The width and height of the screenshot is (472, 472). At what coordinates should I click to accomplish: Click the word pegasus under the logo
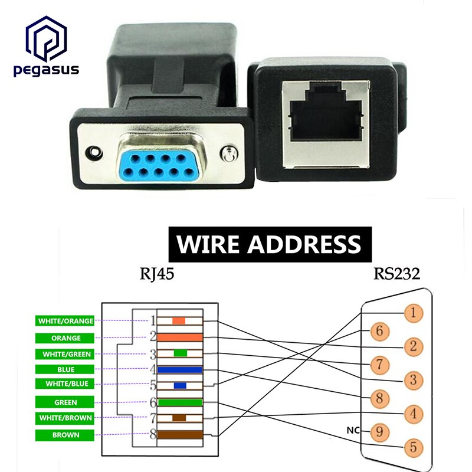(x=45, y=71)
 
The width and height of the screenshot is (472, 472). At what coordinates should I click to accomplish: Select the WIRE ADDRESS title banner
(x=268, y=244)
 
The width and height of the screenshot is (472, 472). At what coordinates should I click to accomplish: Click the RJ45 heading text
(x=157, y=275)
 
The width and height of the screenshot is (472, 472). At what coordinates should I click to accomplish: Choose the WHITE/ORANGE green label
(x=65, y=321)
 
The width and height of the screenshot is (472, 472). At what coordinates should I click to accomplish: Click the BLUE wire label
(x=65, y=369)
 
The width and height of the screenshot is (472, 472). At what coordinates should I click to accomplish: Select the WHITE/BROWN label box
(x=65, y=418)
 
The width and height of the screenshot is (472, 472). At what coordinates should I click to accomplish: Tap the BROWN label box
(x=65, y=435)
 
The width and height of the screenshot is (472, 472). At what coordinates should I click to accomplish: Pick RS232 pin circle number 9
(x=380, y=432)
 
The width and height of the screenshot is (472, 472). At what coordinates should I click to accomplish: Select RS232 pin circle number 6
(x=380, y=332)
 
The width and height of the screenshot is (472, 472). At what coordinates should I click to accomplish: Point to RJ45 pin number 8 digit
(x=152, y=435)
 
